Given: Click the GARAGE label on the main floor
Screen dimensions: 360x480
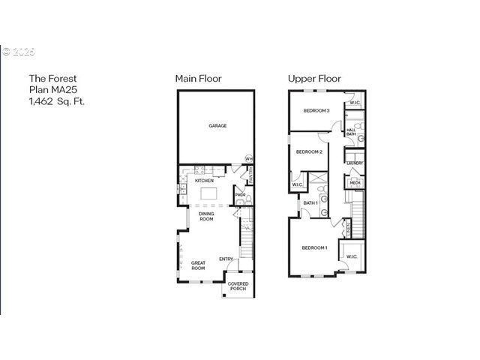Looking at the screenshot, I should coord(217,126).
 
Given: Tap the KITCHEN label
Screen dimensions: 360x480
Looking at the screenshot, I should coord(205,181).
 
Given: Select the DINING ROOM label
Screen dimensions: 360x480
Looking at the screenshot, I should coord(206,216).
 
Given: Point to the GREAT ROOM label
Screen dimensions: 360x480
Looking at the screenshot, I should coord(198,265).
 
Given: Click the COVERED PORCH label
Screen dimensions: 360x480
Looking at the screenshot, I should coord(238,286).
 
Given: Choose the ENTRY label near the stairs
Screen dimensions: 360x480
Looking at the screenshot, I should coord(226,259).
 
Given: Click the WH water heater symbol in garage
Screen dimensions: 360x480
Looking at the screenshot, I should coord(248,158).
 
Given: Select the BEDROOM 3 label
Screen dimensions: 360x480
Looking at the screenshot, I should coord(316,111).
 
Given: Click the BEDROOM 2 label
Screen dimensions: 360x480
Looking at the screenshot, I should coord(309,152).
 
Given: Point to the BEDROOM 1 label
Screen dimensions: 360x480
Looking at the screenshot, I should coord(314,247).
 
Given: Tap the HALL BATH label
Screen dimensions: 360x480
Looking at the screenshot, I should coord(351,132).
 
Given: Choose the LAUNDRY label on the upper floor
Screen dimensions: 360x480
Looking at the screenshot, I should coord(355,163).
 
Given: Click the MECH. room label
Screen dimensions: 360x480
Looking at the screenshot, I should coord(354,182).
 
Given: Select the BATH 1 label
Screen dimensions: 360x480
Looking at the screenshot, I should coord(310,203).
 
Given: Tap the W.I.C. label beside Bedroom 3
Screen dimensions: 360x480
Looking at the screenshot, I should coord(354,103).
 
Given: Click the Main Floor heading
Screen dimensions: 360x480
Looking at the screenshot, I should coord(198,79).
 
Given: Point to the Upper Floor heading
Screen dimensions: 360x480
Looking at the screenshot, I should coord(314,79).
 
